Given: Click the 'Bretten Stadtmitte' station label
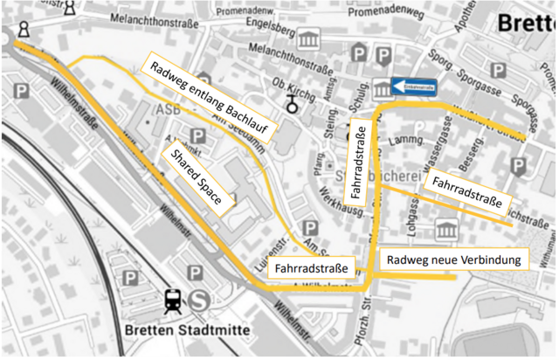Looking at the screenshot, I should click(187, 331).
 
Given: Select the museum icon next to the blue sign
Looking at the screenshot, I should click(383, 87).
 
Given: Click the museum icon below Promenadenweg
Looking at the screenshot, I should click(309, 39).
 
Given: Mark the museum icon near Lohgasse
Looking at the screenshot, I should click(447, 231).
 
